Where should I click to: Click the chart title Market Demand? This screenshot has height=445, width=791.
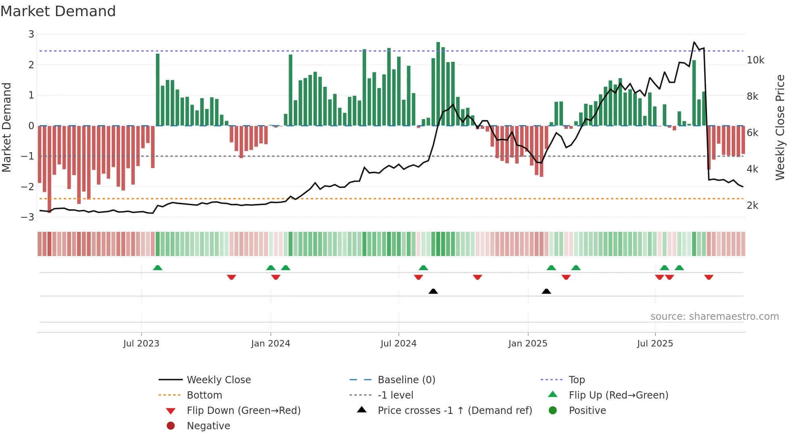point(58,11)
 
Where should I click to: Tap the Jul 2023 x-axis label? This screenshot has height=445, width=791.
point(141,344)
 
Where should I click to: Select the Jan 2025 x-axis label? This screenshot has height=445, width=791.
point(527,344)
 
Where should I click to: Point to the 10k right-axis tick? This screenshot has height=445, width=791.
point(755,60)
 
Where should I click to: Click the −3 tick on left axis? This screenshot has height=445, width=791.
point(28,217)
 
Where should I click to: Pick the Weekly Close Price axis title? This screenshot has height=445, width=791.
point(780,127)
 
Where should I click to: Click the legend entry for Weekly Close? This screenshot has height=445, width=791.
point(218,380)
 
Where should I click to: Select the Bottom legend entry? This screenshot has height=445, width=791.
point(204,395)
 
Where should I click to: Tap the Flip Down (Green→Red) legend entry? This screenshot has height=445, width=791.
point(243,411)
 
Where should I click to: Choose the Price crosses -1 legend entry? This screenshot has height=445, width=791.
point(454,411)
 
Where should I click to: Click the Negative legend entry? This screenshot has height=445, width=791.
point(208,426)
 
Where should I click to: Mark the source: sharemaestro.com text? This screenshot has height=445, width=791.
point(714,317)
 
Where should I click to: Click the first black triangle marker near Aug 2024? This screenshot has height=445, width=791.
point(433,291)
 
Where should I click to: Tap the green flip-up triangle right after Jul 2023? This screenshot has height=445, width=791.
point(158,268)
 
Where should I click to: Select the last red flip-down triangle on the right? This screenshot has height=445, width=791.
point(709,277)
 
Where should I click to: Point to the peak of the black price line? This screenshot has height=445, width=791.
point(694,42)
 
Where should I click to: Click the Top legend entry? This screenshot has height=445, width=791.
point(577,380)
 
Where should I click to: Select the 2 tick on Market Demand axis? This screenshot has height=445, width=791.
point(31,65)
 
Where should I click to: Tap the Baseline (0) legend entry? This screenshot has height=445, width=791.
point(406,380)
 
